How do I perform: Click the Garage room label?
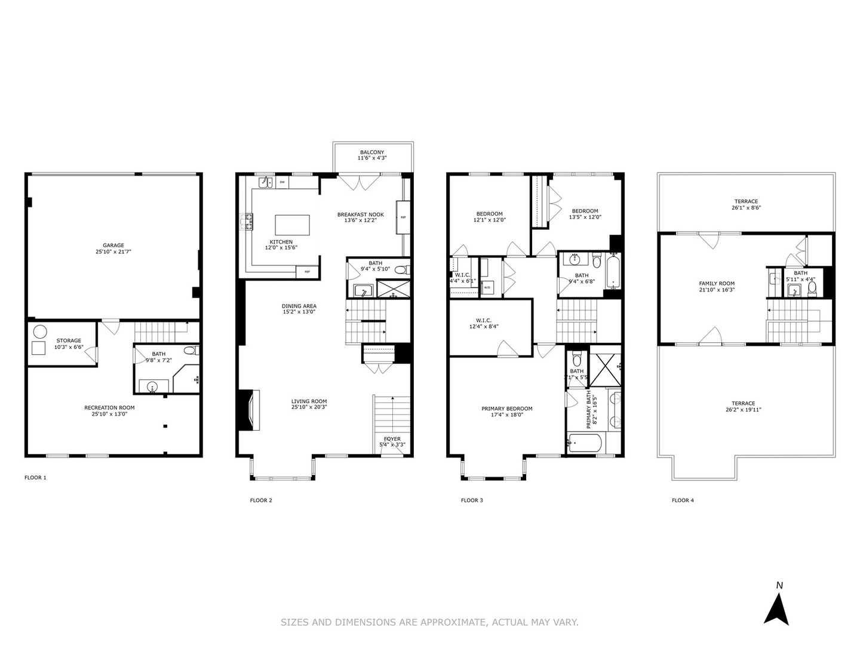point(113,245)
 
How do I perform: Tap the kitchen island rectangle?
point(292,225)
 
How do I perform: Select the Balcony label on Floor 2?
point(371,152)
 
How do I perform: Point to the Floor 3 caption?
point(472,500)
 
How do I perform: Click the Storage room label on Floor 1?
point(69,340)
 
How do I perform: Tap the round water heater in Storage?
point(40,331)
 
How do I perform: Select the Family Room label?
point(717,284)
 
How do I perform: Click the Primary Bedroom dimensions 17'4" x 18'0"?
point(506,414)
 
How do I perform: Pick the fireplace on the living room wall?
point(248,410)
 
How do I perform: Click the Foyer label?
point(392,439)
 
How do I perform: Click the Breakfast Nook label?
point(360,214)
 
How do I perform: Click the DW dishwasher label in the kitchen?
point(281,182)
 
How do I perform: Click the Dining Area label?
point(299,306)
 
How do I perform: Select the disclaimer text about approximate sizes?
point(429,622)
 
